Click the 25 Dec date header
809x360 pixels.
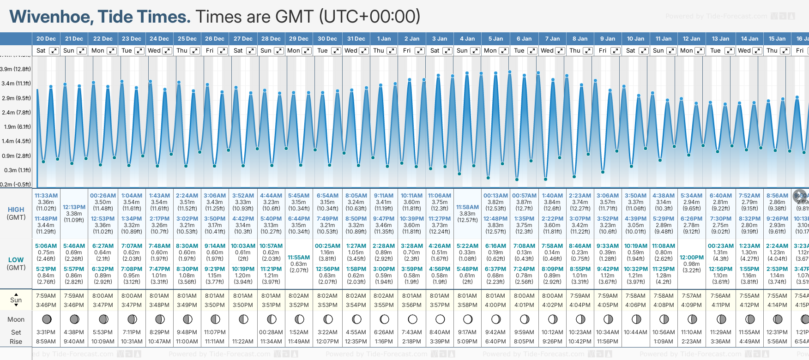[x=187, y=39]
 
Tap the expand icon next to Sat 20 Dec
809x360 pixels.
[x=54, y=51]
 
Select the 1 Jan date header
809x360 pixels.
[x=384, y=39]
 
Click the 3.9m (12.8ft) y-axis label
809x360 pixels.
[x=16, y=69]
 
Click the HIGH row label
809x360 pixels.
[x=16, y=210]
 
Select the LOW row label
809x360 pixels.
[x=16, y=260]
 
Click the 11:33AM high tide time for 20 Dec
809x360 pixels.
[x=46, y=196]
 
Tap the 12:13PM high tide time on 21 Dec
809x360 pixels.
[x=74, y=207]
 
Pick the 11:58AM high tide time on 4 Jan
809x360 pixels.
[x=467, y=207]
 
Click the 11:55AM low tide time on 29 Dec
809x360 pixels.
[x=299, y=258]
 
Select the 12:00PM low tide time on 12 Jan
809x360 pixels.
[x=692, y=258]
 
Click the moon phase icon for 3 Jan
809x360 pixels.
[x=440, y=319]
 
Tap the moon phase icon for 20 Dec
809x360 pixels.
[x=46, y=319]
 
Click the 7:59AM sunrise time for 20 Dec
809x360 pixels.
[x=46, y=296]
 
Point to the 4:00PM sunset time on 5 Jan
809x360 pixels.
[x=495, y=305]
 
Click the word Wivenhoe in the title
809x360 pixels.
[x=51, y=17]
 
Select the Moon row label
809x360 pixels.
[x=16, y=319]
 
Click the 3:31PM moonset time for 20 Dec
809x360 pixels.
[x=46, y=332]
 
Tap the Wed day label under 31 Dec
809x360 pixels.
[x=351, y=51]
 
